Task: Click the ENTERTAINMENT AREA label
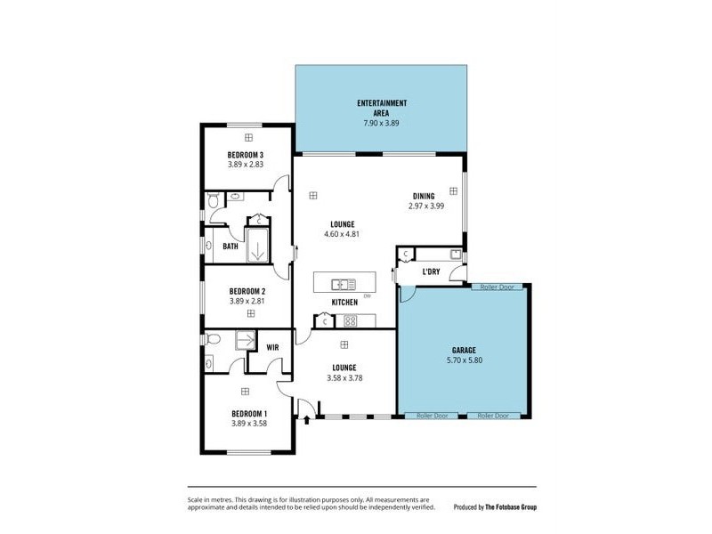click(381, 109)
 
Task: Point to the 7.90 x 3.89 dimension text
click(381, 123)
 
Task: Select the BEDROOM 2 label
click(247, 291)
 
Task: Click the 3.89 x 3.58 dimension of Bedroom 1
click(249, 425)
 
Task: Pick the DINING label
click(424, 196)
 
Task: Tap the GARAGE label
click(463, 350)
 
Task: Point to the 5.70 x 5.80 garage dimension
click(463, 361)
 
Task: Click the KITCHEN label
click(344, 303)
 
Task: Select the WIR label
click(272, 347)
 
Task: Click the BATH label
click(231, 247)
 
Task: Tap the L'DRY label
click(431, 271)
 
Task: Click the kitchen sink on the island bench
click(339, 285)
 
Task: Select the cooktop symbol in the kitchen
click(350, 320)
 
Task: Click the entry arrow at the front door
click(307, 419)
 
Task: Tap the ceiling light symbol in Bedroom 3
click(248, 137)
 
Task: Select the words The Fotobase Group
click(511, 507)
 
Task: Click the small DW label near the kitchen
click(367, 295)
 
